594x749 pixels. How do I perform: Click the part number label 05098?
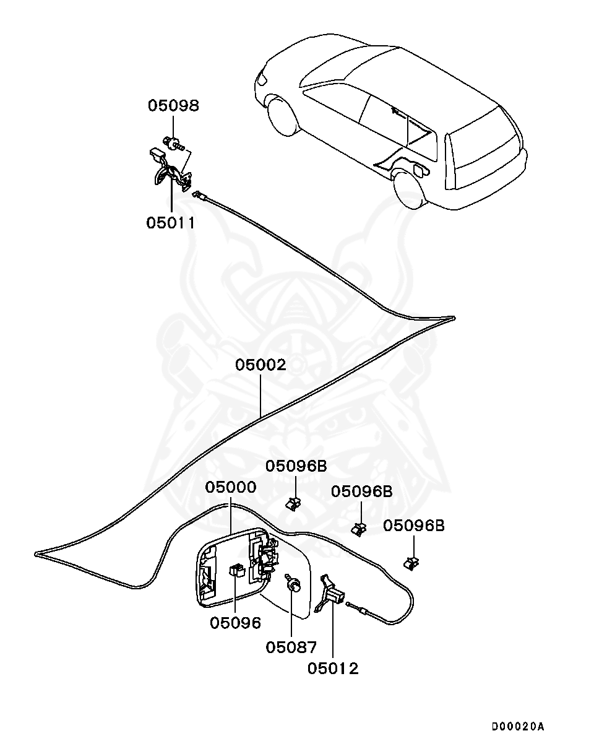[x=173, y=106]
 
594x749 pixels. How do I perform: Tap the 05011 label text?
[x=171, y=222]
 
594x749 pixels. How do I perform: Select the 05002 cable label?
[x=260, y=365]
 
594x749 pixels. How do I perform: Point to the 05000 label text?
[x=230, y=487]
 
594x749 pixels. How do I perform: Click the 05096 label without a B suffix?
[x=235, y=622]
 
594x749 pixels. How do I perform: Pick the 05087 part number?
[x=291, y=647]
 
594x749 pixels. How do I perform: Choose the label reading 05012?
[x=334, y=669]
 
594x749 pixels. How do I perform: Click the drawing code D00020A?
[x=518, y=726]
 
